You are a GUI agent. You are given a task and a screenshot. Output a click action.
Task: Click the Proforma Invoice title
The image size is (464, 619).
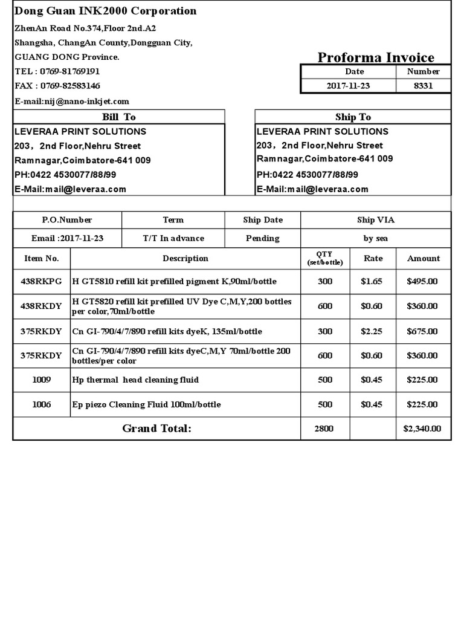pos(376,57)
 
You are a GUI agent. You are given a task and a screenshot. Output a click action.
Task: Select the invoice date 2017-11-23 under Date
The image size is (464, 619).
pos(348,86)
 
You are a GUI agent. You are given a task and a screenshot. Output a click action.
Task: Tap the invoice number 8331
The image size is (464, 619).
pos(423,86)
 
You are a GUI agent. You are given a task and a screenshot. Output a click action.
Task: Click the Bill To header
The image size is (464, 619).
pos(118,117)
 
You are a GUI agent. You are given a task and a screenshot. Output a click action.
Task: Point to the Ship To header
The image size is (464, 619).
pos(353,117)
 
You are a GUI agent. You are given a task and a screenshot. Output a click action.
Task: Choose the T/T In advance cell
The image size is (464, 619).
pos(173,238)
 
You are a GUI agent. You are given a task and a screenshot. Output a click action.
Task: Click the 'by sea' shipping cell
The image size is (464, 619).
pos(375,238)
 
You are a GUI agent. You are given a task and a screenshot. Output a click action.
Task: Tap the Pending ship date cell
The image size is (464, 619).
pos(262,238)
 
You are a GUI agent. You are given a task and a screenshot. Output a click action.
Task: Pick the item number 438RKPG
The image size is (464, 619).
pos(41,281)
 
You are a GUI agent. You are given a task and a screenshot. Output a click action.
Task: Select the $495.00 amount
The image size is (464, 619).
pos(422,281)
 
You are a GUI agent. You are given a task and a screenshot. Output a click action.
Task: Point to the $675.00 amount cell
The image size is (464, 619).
pos(422,331)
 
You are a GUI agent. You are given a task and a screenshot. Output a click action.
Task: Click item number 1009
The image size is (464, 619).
pos(41,380)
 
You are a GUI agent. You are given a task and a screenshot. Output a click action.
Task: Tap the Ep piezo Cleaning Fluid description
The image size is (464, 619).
pos(146,404)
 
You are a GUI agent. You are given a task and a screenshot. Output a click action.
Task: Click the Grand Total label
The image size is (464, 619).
pos(156,429)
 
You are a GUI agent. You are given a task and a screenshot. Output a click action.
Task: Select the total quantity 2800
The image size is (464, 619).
pos(324,429)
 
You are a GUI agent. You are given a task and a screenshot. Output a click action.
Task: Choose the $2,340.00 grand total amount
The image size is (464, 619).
pos(422,429)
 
